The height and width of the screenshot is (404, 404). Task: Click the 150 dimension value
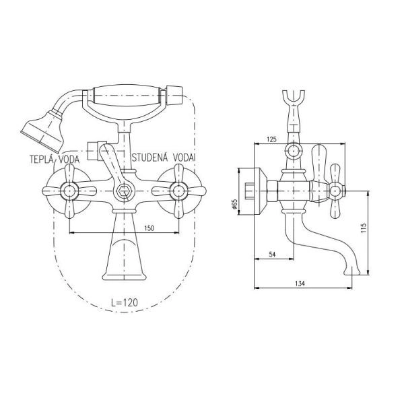coord(149,228)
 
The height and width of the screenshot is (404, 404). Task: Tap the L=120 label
coord(125,302)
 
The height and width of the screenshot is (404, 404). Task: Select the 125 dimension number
coord(271,139)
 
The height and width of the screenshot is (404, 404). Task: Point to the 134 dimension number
coord(300,283)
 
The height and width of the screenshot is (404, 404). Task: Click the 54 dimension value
coord(272,255)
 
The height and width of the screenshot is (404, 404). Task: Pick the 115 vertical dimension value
coord(364,228)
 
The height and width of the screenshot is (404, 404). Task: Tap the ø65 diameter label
coord(234,204)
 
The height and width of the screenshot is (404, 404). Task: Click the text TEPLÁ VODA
coord(55,159)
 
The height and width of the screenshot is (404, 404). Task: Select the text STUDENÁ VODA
coord(163,157)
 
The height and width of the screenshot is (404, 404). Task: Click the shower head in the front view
coord(44,130)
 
